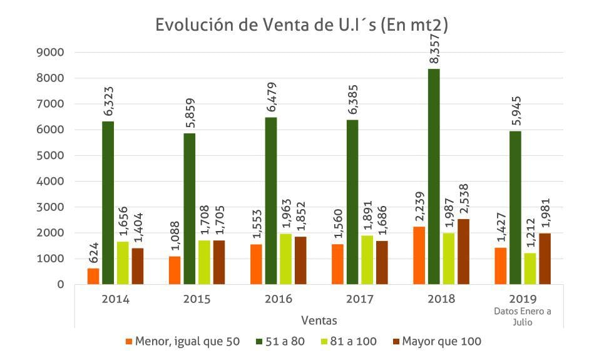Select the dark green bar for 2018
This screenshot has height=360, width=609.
coord(434,177)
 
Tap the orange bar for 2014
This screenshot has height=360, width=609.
coord(93,276)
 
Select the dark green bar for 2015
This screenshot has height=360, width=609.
coord(189,208)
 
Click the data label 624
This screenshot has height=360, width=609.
coord(94,252)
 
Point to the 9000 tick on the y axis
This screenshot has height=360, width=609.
coord(51,53)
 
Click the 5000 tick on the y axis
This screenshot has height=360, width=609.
coord(51,156)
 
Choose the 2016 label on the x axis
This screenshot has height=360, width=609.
coord(278,299)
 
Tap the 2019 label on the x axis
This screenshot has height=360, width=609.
coord(522,299)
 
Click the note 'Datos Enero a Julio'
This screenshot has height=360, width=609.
coord(522,316)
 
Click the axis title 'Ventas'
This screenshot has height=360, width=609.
coord(319,321)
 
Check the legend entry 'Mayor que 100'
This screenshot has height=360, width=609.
coord(436,341)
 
